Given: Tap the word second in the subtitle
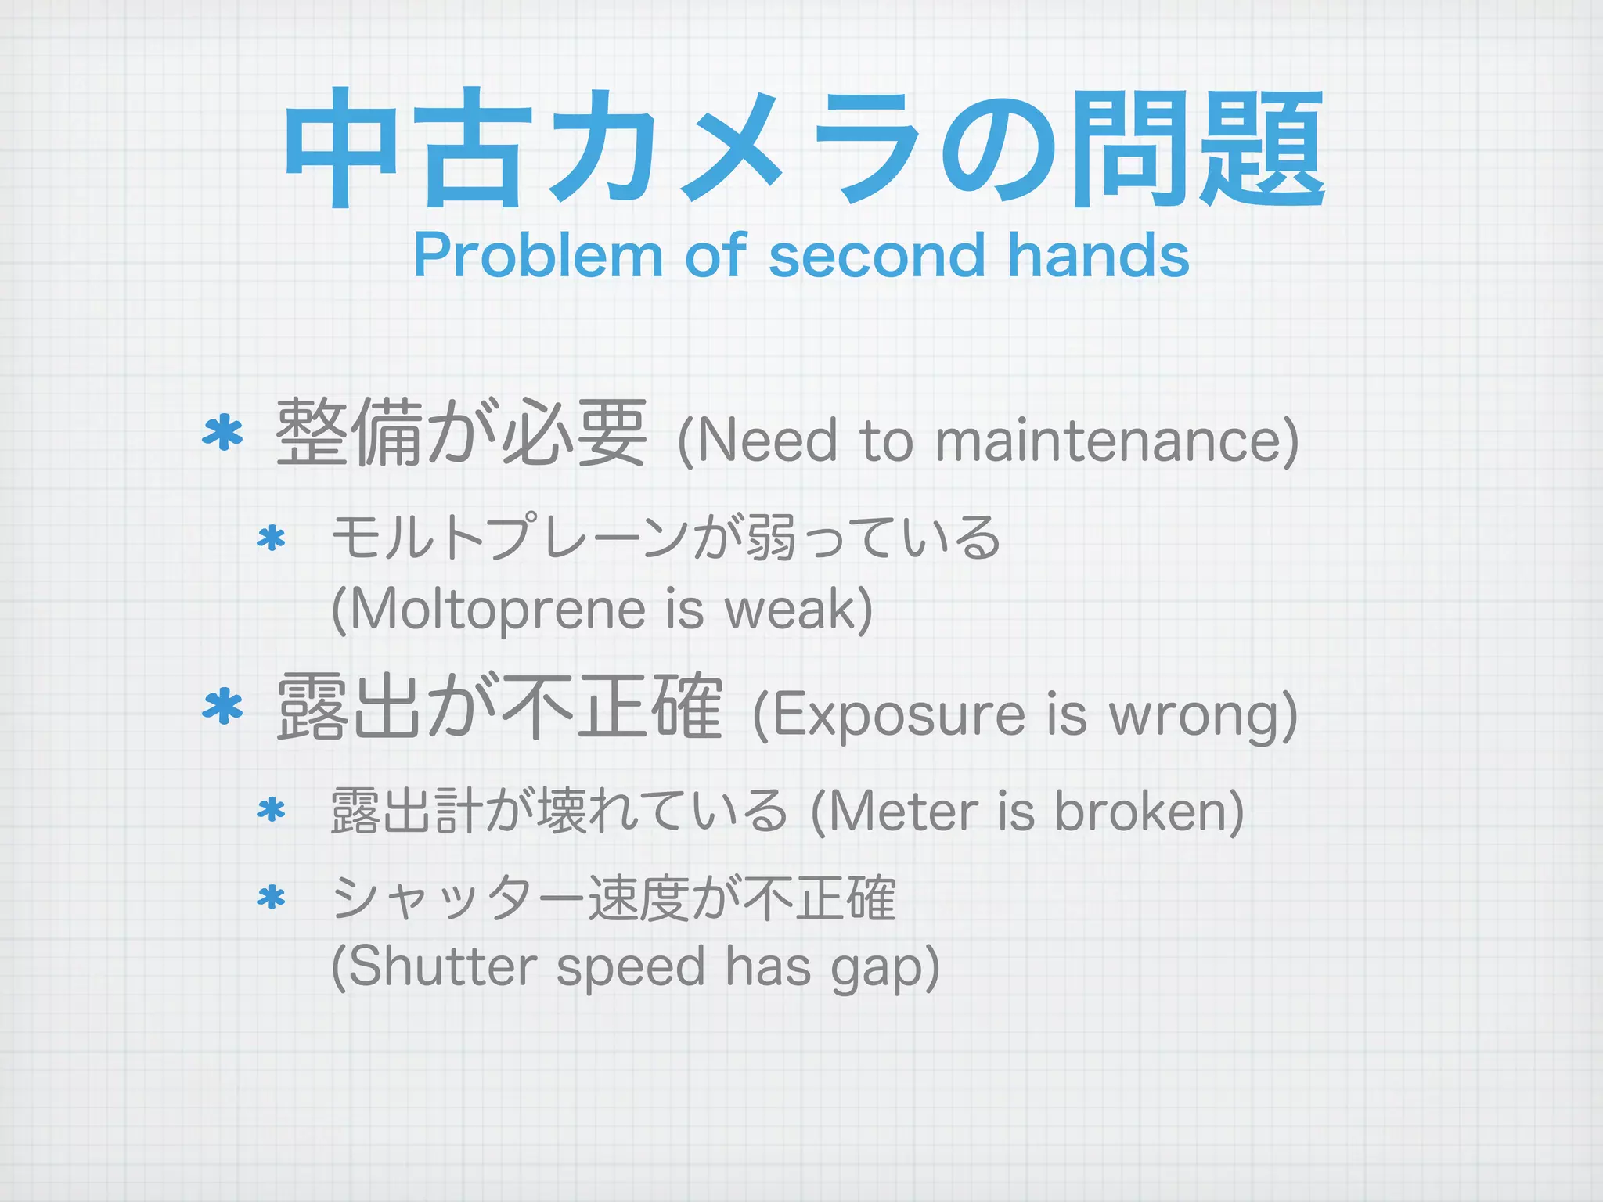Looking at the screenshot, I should coord(877,255).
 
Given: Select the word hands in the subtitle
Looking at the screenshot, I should coord(1098,255).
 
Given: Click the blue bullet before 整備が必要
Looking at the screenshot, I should coord(223,432).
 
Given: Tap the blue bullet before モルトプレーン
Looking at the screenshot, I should coord(271,538).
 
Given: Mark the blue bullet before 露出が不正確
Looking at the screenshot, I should coord(223,706).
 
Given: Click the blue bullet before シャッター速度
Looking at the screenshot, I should coord(271,898).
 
